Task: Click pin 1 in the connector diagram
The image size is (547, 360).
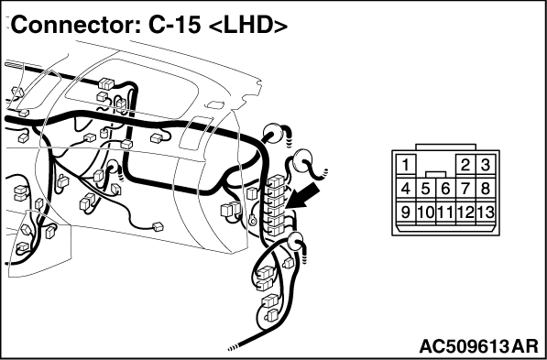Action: click(406, 164)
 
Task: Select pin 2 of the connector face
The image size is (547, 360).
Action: click(465, 164)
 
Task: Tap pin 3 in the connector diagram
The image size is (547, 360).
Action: click(486, 164)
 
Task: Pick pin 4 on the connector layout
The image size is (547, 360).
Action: click(406, 189)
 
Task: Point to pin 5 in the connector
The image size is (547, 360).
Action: click(426, 189)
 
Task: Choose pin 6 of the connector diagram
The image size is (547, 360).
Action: click(446, 189)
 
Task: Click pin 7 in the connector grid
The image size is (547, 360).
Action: click(465, 189)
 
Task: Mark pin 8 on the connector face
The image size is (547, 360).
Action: click(486, 189)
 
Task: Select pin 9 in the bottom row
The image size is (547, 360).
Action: click(406, 212)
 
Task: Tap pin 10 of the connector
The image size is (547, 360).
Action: click(426, 212)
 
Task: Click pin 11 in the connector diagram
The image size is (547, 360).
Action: click(446, 212)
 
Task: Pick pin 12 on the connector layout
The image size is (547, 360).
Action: click(465, 212)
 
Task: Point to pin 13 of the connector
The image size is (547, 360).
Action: click(486, 212)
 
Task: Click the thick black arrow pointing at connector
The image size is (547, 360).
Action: click(302, 196)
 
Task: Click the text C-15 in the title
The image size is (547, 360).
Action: click(175, 25)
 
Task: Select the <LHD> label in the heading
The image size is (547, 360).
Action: click(247, 26)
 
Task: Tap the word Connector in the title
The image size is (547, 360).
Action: click(72, 25)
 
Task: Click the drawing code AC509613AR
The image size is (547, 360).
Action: click(478, 347)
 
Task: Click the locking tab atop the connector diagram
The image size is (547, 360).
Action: click(446, 147)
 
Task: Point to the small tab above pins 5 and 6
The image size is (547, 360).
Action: click(436, 174)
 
